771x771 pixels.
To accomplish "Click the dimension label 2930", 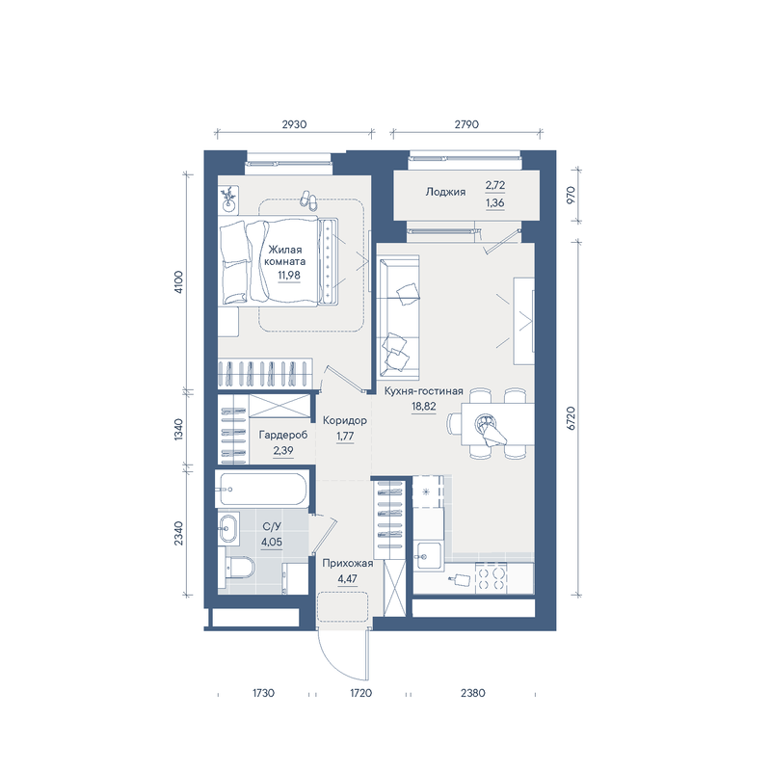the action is (294, 124).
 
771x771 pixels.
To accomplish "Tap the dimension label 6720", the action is (571, 418).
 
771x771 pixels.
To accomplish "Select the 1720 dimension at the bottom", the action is (360, 693).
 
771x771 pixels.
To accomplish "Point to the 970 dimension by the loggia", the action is (571, 196).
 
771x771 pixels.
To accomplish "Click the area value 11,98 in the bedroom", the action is (288, 276).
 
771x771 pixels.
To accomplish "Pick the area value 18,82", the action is (423, 406).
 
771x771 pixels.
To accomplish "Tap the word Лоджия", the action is (445, 192).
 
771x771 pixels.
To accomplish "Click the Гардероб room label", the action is (283, 436).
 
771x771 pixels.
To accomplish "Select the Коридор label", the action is (345, 421).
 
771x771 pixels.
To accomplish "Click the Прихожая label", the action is (348, 564).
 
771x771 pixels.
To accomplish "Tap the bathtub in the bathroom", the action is (262, 489).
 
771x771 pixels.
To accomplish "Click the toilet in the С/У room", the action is (239, 568).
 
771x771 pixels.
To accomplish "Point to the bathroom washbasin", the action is (228, 528).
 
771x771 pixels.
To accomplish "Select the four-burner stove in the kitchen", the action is (492, 578).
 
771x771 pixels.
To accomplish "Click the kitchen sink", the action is (429, 556).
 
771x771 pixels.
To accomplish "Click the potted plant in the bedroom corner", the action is (228, 199).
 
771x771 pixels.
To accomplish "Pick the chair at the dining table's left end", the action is (454, 423).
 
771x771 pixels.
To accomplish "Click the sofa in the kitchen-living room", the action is (398, 317).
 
